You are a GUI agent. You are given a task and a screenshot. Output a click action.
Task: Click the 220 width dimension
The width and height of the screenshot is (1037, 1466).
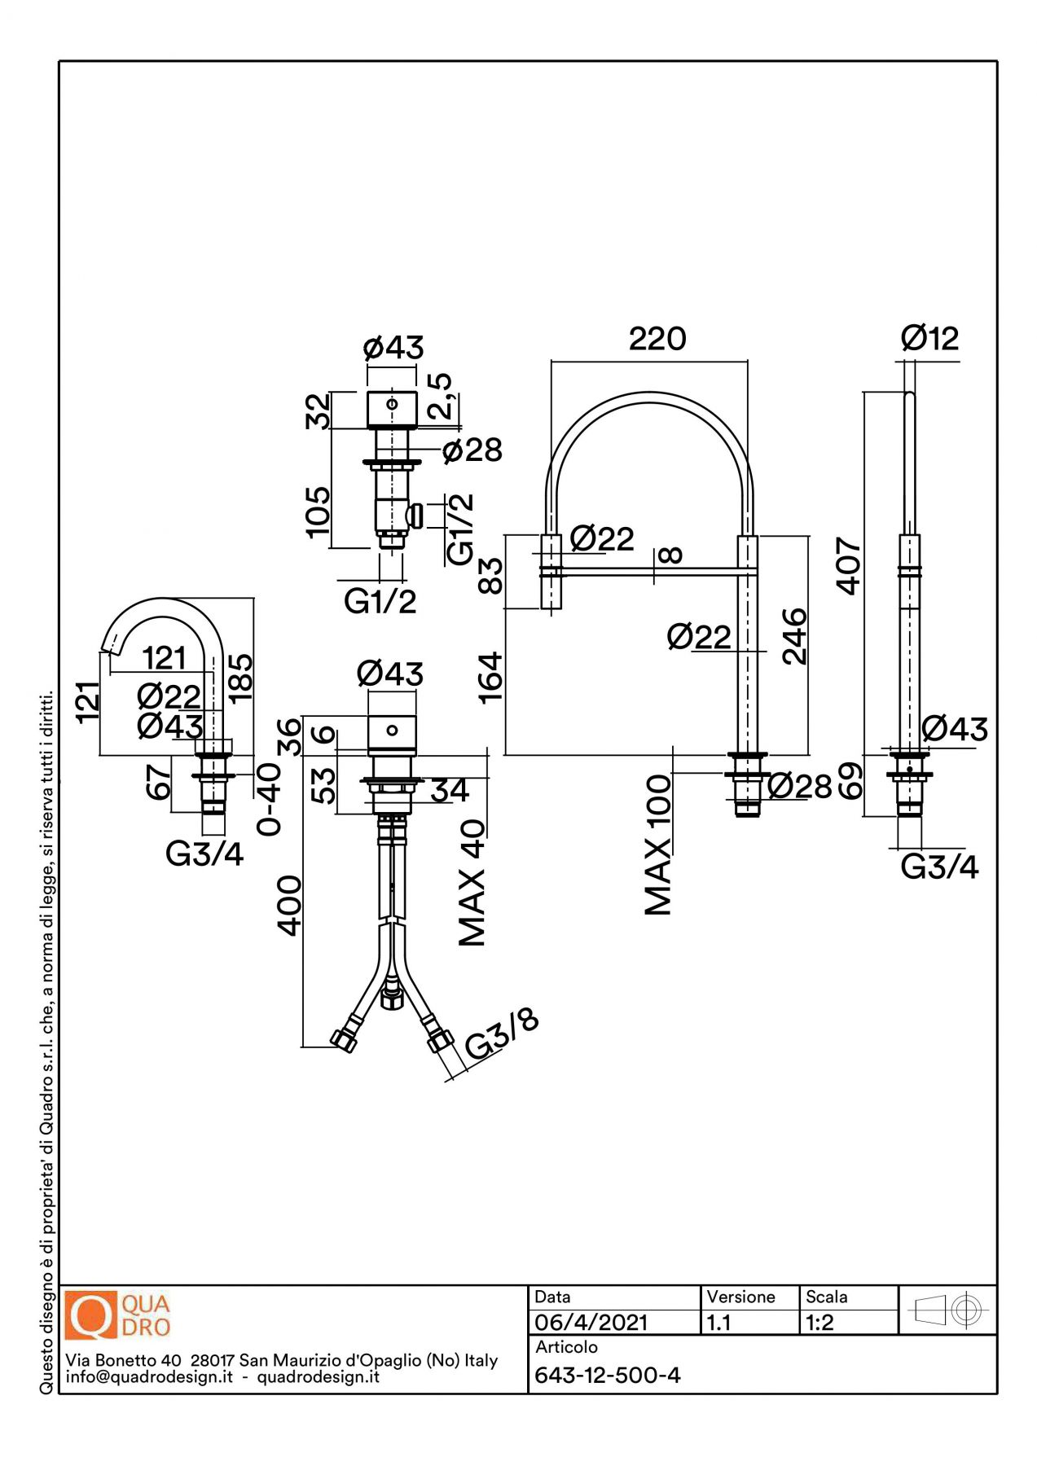click(x=657, y=339)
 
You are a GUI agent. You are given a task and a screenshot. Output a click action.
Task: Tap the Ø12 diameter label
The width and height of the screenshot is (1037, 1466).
click(x=930, y=337)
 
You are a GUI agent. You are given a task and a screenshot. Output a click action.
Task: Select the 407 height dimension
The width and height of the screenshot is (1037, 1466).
click(x=849, y=565)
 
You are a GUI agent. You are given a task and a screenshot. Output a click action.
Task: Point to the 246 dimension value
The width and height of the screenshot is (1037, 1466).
click(x=794, y=636)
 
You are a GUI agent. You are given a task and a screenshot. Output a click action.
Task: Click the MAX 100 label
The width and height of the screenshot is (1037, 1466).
click(x=658, y=845)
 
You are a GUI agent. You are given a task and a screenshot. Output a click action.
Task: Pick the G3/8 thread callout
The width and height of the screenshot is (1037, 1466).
click(x=502, y=1035)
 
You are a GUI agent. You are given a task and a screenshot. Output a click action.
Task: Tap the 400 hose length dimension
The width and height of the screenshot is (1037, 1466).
click(x=289, y=906)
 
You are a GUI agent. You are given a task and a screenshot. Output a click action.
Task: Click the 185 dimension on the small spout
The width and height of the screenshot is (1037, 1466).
click(x=240, y=678)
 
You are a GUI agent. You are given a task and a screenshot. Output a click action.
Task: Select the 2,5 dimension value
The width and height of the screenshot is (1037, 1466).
click(x=440, y=397)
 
